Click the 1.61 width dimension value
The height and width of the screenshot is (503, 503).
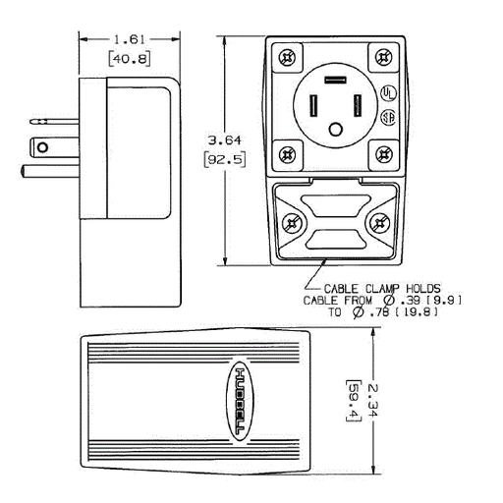tap(128, 39)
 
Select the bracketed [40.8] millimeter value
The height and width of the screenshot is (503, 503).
tap(128, 59)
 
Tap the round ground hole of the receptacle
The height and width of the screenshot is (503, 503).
tap(337, 129)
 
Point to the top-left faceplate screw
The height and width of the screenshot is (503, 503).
tap(287, 58)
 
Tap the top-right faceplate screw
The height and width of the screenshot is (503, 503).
tap(384, 58)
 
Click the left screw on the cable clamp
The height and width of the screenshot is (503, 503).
tap(292, 223)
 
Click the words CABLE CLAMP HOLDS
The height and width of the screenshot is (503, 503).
tap(378, 287)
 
